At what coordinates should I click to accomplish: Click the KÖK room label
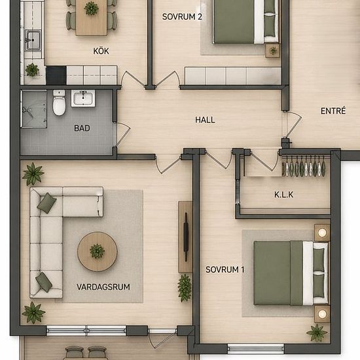(x=101, y=51)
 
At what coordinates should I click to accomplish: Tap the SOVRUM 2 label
(x=182, y=17)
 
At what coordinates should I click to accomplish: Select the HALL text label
(x=205, y=120)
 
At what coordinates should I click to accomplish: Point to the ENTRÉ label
(x=333, y=111)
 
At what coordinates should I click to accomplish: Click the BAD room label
(x=82, y=128)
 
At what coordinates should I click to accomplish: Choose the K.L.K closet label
(x=284, y=194)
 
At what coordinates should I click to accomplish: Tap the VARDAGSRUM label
(x=103, y=287)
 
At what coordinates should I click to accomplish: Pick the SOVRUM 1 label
(x=225, y=270)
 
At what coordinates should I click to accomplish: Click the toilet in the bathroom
(x=59, y=103)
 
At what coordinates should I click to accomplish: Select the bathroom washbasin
(x=83, y=98)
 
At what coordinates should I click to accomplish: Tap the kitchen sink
(x=33, y=40)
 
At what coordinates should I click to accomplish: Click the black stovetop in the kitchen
(x=56, y=75)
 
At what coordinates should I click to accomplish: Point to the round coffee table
(x=98, y=251)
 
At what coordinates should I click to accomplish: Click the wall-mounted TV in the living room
(x=186, y=237)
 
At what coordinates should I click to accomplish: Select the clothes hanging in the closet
(x=304, y=166)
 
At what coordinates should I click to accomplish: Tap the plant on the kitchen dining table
(x=92, y=9)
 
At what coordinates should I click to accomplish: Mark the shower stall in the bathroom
(x=34, y=109)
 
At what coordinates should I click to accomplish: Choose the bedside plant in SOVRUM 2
(x=273, y=50)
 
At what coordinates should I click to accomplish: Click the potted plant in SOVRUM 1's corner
(x=317, y=333)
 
